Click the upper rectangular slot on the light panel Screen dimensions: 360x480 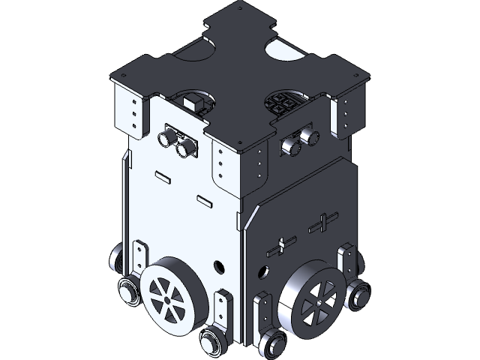[x=163, y=178]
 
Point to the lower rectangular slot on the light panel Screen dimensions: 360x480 [x=203, y=200]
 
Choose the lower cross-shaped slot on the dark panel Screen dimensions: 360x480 [x=282, y=245]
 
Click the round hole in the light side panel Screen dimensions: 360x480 [x=218, y=265]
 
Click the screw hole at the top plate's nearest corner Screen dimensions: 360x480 [x=239, y=145]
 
